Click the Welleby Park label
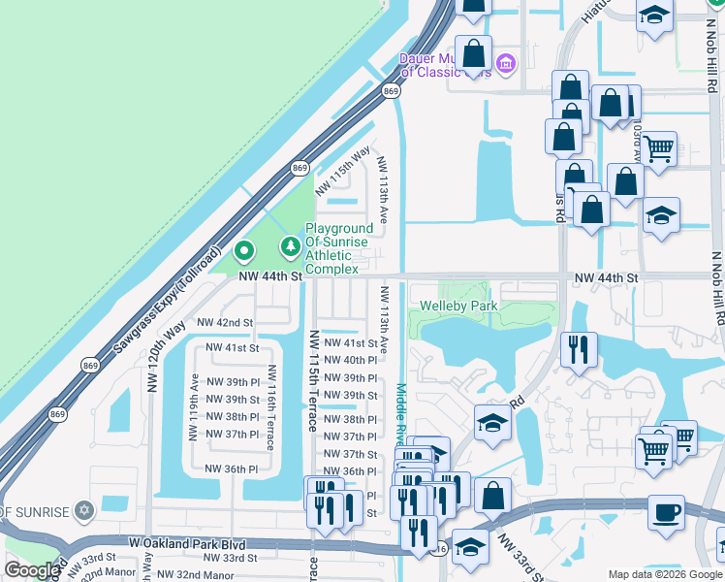pos(457,306)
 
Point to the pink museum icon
pos(505,65)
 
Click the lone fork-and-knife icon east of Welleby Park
pos(579,349)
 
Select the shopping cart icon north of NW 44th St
pos(658,148)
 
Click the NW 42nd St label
pos(224,322)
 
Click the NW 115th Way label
pos(343,170)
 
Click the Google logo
pos(32,570)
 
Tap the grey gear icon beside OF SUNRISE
pos(84,510)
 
